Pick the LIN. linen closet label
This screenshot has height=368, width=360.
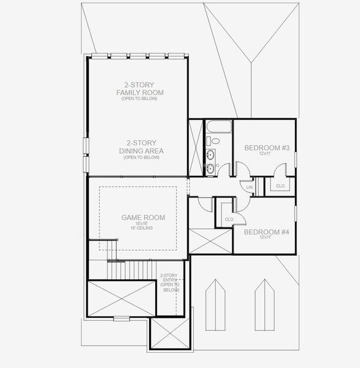250,187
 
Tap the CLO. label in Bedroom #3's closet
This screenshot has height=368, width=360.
280,186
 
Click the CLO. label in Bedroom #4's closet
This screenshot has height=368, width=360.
229,219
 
